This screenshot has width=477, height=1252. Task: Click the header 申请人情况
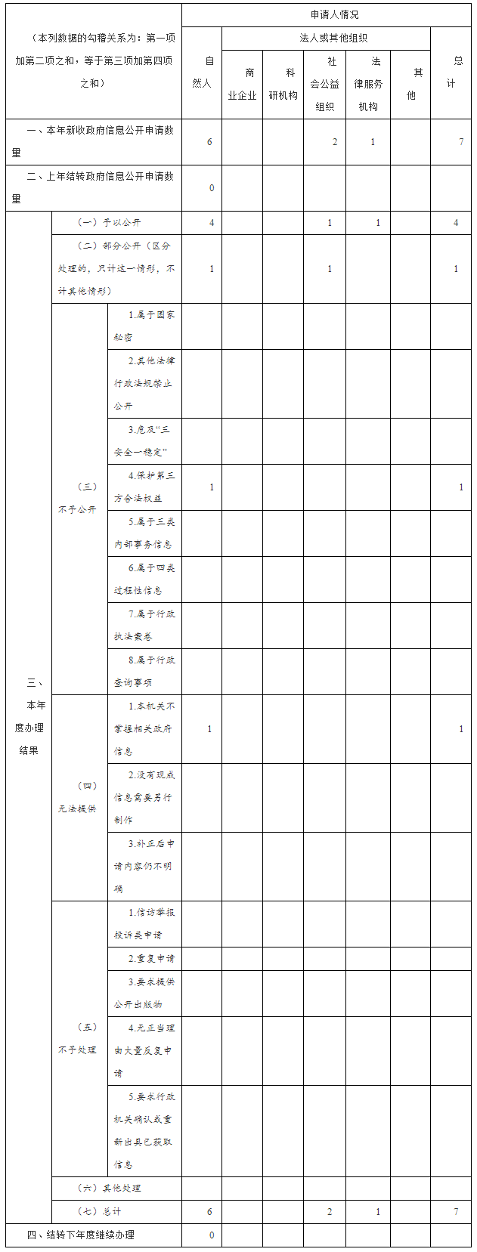(x=334, y=15)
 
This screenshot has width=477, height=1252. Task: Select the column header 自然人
(x=202, y=73)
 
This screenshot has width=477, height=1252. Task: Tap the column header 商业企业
(x=243, y=84)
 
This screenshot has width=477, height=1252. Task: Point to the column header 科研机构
(x=283, y=84)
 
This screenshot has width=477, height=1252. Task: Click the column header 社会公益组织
(x=325, y=84)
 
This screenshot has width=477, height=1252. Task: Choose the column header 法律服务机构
(x=369, y=84)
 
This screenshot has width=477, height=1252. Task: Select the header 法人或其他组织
(x=333, y=38)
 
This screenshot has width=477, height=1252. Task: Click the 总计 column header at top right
(x=451, y=73)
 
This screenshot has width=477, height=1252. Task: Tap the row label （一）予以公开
(x=110, y=223)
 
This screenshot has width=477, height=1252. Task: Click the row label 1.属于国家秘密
(x=144, y=326)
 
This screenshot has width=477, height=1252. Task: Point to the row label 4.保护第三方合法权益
(x=144, y=487)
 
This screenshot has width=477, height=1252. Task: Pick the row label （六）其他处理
(x=110, y=1188)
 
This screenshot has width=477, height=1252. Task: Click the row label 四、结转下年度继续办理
(x=81, y=1235)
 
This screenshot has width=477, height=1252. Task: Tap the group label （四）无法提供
(x=77, y=797)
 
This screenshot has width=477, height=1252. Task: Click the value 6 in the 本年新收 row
(x=209, y=142)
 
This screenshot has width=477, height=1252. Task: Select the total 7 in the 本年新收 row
(x=461, y=142)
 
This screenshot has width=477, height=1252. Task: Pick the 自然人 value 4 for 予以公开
(x=212, y=223)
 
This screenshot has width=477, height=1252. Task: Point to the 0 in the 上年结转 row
(x=212, y=188)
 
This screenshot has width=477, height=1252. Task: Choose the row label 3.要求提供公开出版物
(x=144, y=993)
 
